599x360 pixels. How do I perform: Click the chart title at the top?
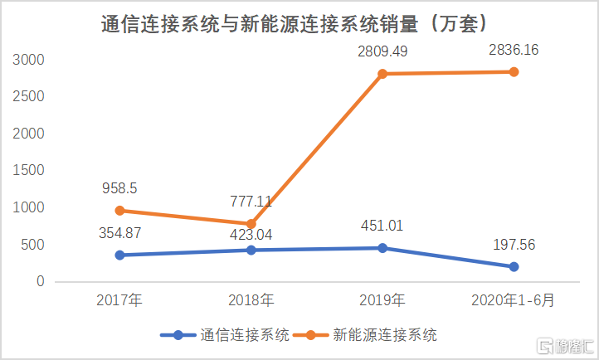click(299, 22)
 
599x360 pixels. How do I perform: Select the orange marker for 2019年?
click(382, 74)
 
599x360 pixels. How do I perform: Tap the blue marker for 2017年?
click(119, 255)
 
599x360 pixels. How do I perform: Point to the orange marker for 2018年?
click(251, 224)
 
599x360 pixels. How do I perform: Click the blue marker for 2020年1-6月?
click(514, 266)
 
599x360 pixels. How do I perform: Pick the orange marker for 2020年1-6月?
click(514, 72)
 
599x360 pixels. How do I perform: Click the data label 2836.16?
click(514, 50)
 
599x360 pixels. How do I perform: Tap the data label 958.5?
click(119, 188)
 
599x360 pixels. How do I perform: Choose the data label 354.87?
click(119, 233)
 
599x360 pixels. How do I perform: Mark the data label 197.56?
click(514, 245)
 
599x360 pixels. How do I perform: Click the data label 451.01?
click(382, 226)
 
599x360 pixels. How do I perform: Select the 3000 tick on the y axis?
click(29, 60)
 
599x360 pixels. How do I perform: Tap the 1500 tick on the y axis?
click(29, 170)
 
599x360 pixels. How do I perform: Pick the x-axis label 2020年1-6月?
click(514, 300)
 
